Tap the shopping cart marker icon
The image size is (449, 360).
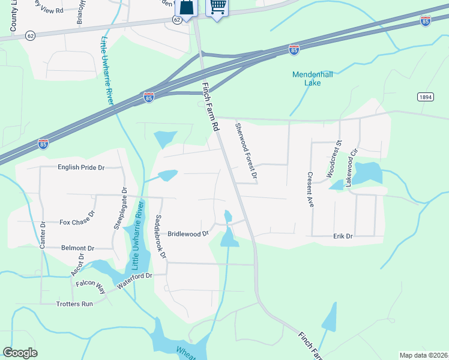point(216,7)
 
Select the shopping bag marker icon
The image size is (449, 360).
point(185,7)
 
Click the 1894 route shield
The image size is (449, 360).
point(426,96)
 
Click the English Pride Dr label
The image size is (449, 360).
point(81,167)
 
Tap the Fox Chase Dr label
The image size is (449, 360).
point(77,221)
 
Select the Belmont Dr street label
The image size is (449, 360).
point(78,248)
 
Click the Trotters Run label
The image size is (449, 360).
point(75,304)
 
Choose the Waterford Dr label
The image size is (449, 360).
point(136,280)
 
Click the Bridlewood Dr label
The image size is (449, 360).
point(187,233)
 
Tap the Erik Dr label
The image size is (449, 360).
point(343,236)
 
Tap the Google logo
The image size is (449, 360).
point(20,353)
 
